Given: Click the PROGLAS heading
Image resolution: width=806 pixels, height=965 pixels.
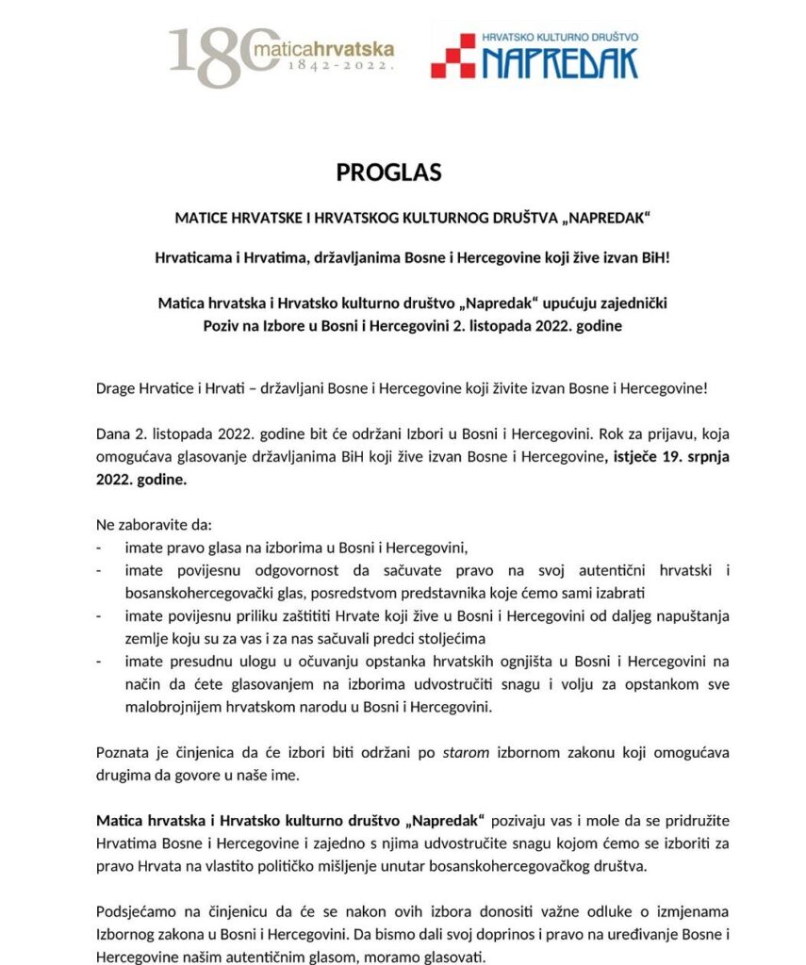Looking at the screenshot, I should click(375, 172).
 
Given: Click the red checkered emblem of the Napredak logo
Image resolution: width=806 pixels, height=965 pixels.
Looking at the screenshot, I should click(452, 56).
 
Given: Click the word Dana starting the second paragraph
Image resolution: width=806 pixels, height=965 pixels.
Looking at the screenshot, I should click(114, 437).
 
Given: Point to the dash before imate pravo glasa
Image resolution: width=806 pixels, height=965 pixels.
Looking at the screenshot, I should click(100, 548).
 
